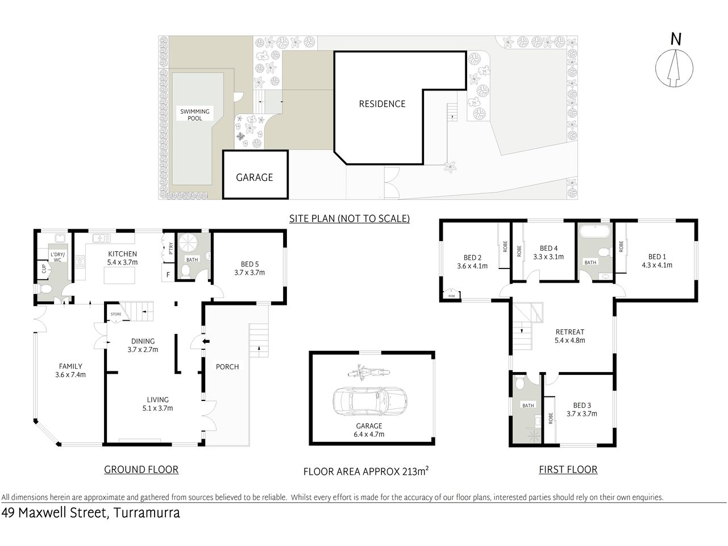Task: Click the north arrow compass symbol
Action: tap(675, 67)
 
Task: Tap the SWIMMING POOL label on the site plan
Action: tap(195, 115)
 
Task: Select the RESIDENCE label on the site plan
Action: tap(382, 104)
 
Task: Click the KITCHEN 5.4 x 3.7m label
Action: tap(122, 258)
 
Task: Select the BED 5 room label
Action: tap(249, 268)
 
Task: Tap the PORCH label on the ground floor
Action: tap(227, 366)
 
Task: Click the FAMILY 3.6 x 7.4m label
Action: tap(70, 370)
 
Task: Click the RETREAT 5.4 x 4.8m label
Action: tap(569, 336)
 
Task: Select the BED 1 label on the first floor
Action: tap(656, 260)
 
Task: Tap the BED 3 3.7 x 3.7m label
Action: tap(581, 409)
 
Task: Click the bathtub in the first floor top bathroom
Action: tap(593, 232)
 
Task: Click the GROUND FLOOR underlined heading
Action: tap(141, 469)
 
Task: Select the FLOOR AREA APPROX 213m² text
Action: tap(366, 471)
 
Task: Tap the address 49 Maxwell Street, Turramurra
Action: tap(91, 513)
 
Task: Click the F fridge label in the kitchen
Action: tap(168, 275)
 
